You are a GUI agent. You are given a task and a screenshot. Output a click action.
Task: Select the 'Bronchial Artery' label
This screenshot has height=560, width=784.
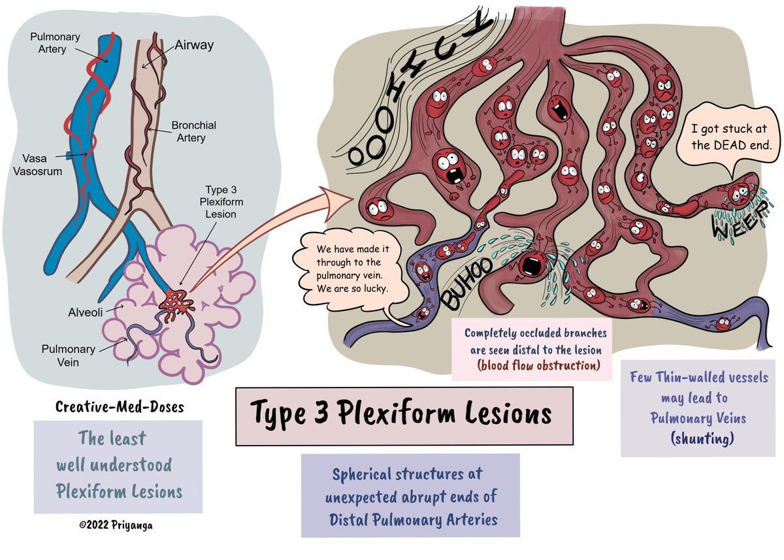click(193, 131)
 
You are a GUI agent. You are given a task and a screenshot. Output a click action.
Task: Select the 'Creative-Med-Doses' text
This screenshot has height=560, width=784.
click(120, 406)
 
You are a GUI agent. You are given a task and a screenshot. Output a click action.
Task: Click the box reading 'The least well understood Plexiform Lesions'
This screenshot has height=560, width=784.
click(118, 466)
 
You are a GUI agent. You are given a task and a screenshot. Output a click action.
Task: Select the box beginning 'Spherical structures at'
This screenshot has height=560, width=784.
click(410, 495)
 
